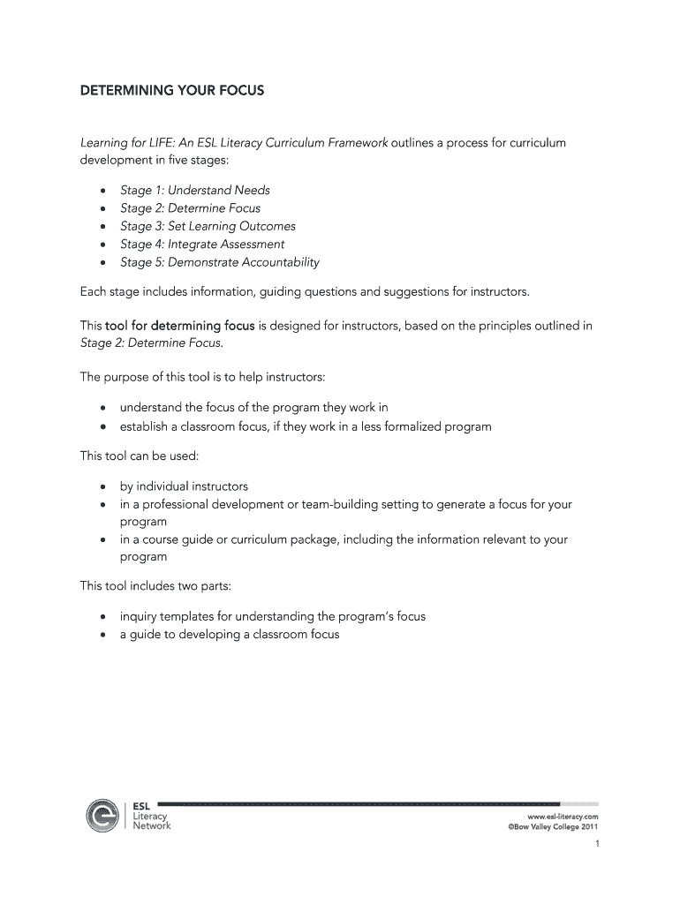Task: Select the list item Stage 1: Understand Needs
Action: pos(194,191)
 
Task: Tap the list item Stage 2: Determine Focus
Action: pos(190,208)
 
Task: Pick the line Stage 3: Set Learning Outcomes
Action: pos(208,226)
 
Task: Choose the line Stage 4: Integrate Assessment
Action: pos(202,244)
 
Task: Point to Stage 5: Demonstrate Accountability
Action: pos(219,262)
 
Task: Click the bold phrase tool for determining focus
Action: pos(179,326)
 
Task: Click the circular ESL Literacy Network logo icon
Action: pos(103,815)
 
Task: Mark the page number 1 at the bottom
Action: pos(597,845)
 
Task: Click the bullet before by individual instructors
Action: pos(103,487)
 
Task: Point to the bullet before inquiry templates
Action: pos(103,617)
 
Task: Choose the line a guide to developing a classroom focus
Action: pos(229,635)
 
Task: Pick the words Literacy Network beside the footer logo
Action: pos(151,821)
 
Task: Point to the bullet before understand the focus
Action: pos(103,409)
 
